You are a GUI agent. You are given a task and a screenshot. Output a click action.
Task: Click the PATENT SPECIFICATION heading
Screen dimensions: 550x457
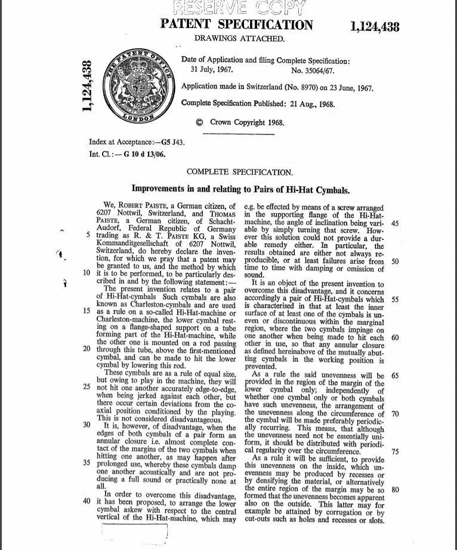[x=236, y=24]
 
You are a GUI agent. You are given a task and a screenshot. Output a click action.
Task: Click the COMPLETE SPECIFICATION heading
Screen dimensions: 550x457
[x=239, y=172]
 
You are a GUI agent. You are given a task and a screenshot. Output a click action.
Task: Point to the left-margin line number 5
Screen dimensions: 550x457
[x=88, y=234]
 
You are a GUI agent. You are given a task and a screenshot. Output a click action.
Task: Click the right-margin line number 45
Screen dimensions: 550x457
[x=395, y=223]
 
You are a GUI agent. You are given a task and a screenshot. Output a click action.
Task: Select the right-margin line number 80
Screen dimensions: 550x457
[x=395, y=490]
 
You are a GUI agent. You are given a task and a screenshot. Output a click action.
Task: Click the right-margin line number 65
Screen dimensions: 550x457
[x=395, y=375]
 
